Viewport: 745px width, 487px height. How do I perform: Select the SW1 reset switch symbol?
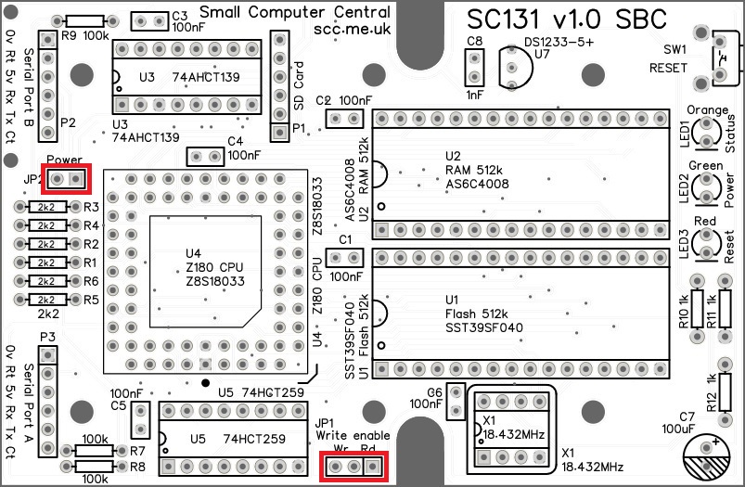click(x=722, y=60)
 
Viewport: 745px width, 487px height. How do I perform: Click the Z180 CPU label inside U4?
click(x=216, y=267)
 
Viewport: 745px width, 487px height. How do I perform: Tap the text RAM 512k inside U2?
click(x=473, y=170)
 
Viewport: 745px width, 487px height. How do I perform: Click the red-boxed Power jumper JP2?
click(x=68, y=177)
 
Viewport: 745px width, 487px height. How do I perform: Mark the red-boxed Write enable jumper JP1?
click(x=353, y=468)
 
